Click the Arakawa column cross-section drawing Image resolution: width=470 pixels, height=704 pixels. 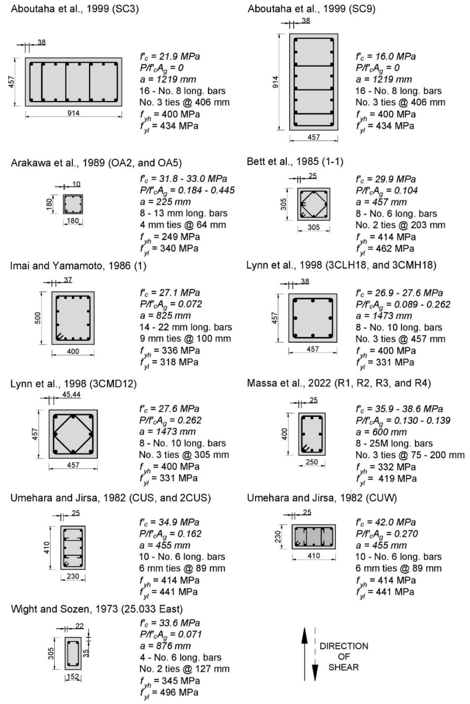pyautogui.click(x=73, y=204)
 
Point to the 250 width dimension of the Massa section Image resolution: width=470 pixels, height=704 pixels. pyautogui.click(x=312, y=462)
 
